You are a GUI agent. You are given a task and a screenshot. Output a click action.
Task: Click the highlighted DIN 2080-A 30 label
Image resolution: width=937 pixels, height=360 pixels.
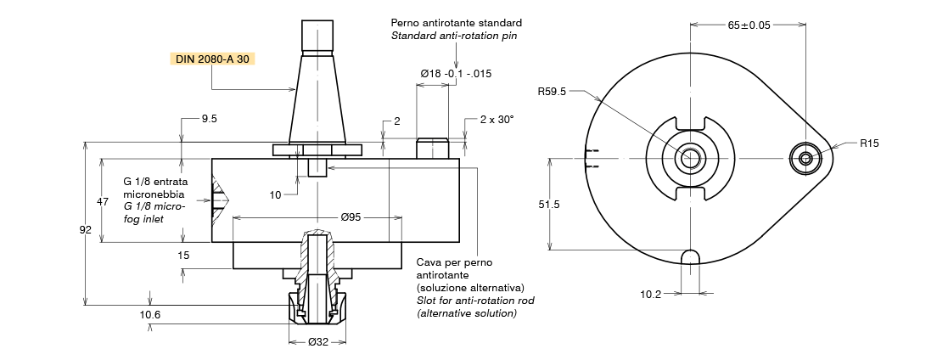coord(212,59)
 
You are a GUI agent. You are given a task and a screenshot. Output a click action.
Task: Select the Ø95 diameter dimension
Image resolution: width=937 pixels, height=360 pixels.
coord(351,217)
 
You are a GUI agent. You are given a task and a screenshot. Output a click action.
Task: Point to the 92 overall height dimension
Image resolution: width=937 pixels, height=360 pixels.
coord(85,229)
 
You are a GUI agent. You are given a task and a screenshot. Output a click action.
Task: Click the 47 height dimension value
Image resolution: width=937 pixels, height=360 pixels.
coord(103,202)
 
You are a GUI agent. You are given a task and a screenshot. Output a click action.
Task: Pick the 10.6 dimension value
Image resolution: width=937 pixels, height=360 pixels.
coord(150,314)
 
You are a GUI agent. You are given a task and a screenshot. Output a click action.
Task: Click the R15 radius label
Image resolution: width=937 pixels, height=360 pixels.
coord(869,143)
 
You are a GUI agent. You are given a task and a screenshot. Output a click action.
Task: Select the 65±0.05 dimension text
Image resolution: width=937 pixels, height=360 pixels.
coord(749,25)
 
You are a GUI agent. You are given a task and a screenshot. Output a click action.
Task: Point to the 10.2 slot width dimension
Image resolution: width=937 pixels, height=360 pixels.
coord(651,295)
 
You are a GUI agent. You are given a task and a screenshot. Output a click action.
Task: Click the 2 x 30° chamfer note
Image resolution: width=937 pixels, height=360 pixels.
coord(497,120)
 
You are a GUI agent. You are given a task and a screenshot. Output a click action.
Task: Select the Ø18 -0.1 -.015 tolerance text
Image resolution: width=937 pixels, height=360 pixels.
coord(457,74)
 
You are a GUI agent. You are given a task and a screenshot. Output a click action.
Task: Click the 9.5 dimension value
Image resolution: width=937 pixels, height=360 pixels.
coord(209,120)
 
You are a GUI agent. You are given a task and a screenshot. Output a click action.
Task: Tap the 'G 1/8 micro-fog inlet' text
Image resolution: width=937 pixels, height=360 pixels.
coord(154,212)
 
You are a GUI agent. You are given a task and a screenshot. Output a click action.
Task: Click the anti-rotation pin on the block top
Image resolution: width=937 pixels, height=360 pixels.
coord(433,148)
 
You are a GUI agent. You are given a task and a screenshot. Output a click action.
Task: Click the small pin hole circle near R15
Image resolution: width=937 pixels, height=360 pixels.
coord(805,158)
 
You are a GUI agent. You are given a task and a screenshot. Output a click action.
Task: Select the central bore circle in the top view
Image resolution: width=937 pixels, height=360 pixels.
coord(688,158)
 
